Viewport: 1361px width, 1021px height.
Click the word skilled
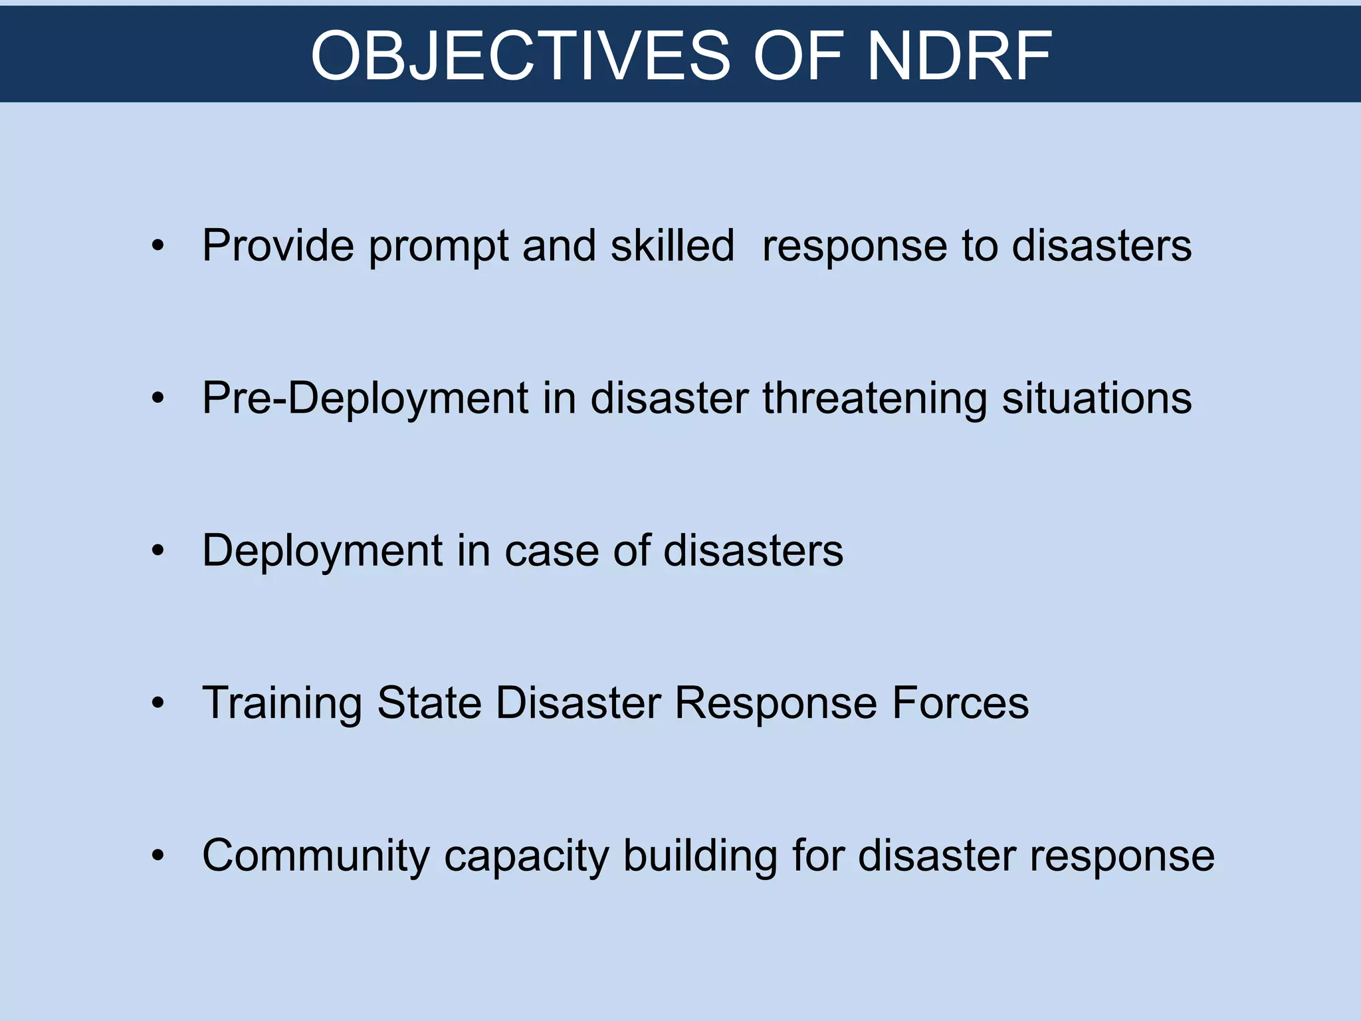[672, 245]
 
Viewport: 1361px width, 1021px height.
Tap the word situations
[1097, 399]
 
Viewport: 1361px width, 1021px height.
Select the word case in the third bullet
[552, 551]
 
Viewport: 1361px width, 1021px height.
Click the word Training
[282, 703]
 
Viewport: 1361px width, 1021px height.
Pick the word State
[429, 703]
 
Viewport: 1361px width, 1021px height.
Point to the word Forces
[960, 703]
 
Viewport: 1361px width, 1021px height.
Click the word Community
[316, 855]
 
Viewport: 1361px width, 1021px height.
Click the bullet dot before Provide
[157, 247]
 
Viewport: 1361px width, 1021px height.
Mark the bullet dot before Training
[157, 703]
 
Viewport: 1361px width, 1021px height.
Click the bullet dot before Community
[157, 855]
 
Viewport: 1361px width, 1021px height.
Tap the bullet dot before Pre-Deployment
[157, 399]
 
